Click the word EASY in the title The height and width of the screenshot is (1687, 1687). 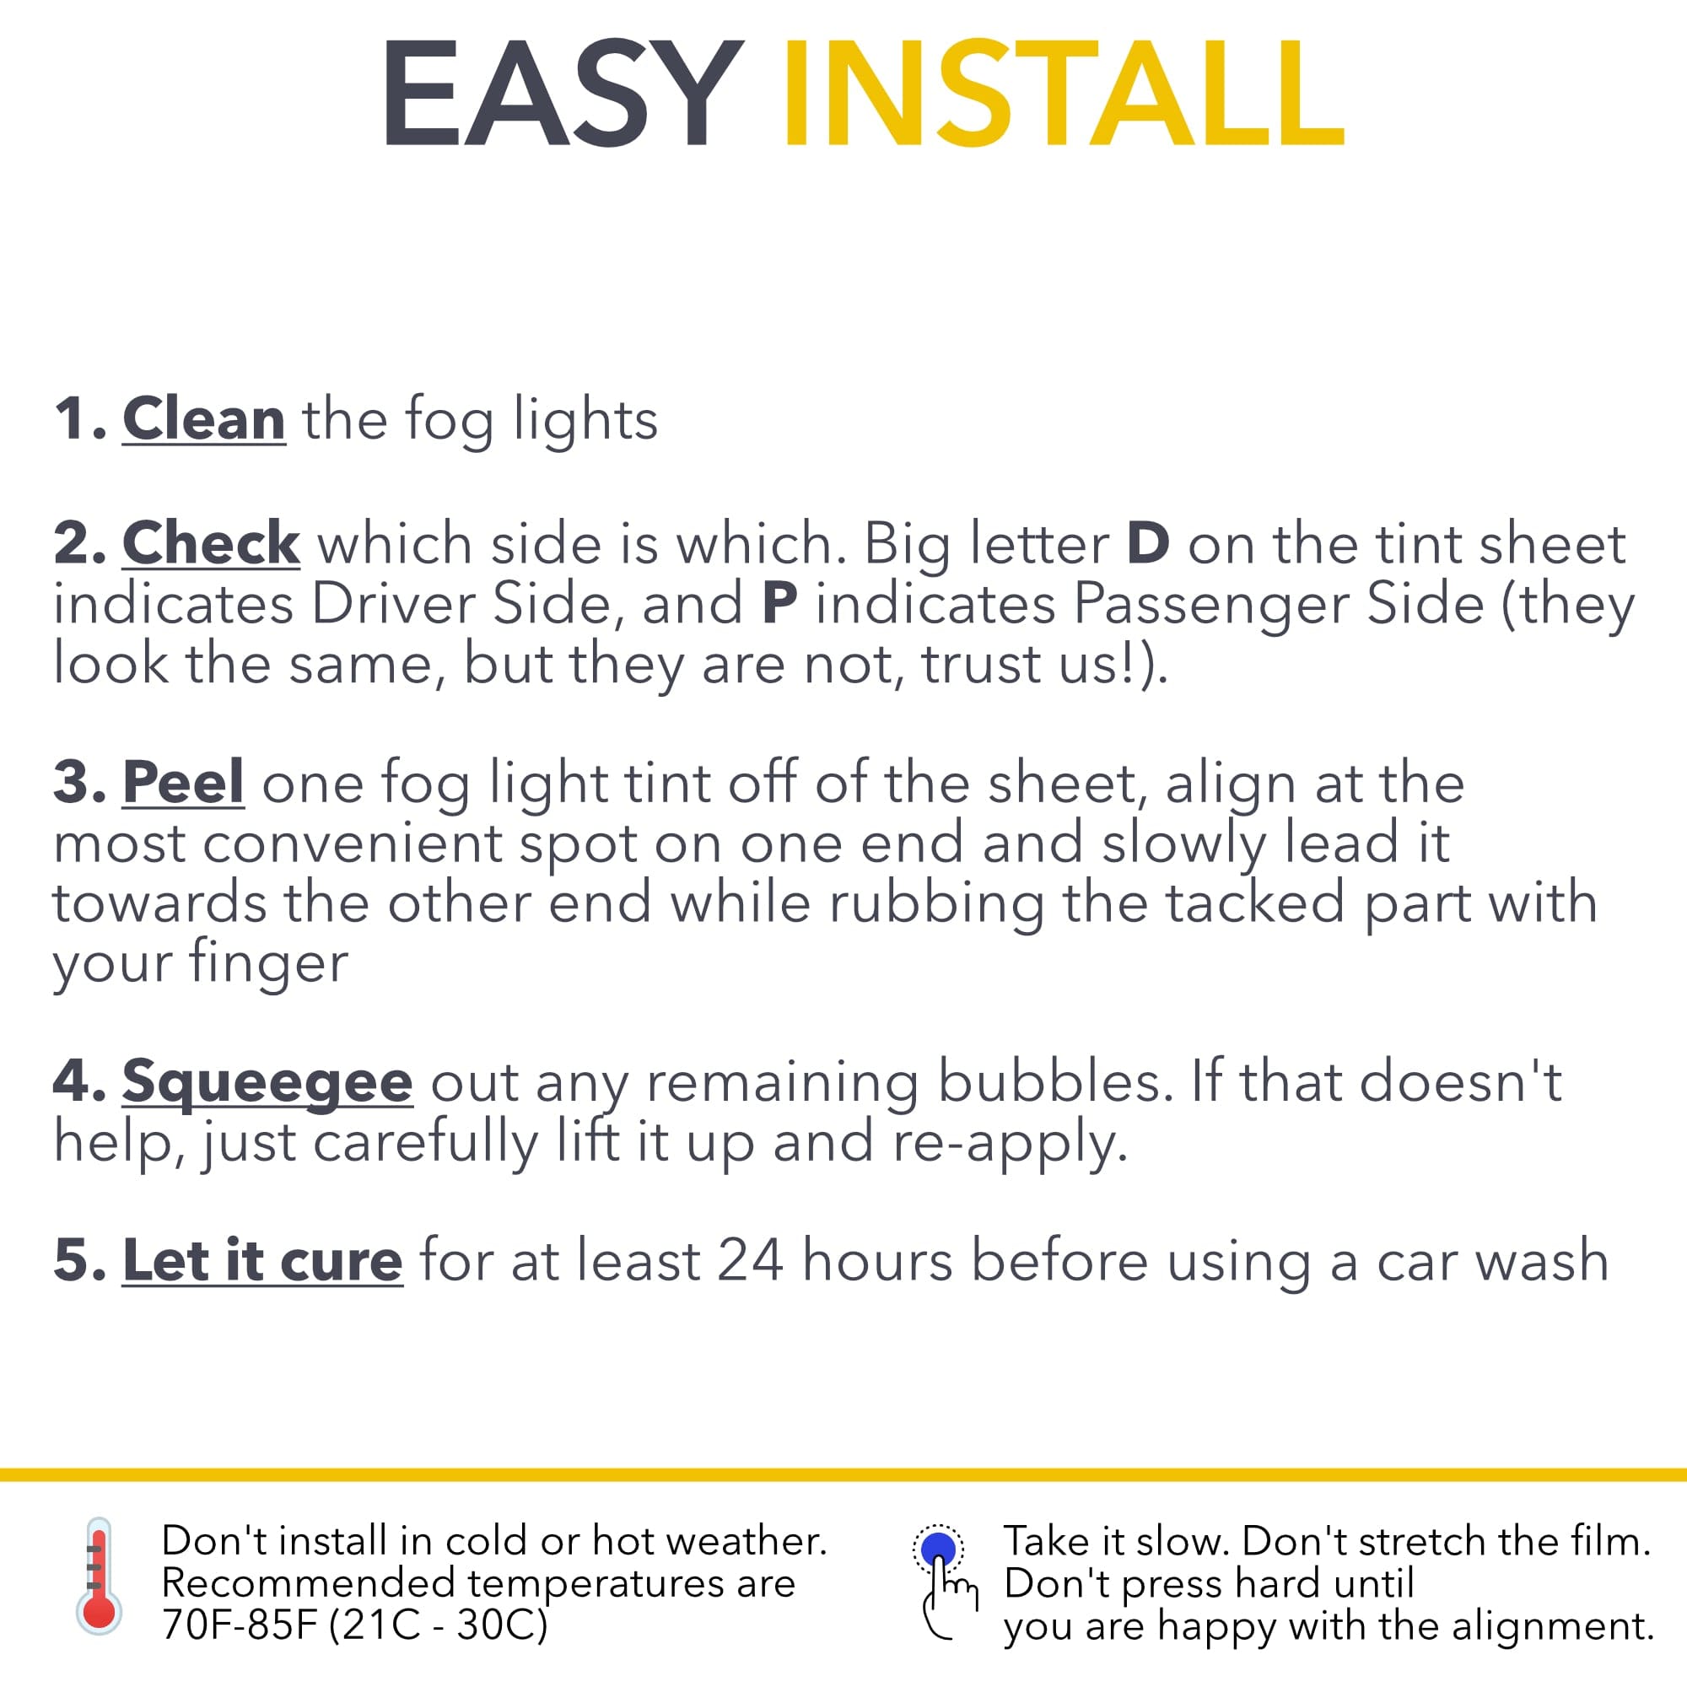pyautogui.click(x=563, y=94)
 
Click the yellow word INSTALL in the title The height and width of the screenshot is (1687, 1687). pyautogui.click(x=1064, y=94)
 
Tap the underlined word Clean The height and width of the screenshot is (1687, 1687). pyautogui.click(x=203, y=419)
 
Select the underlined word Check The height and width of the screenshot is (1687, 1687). pyautogui.click(x=212, y=542)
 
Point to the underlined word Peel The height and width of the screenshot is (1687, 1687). pyautogui.click(x=183, y=782)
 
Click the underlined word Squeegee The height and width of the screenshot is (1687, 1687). pyautogui.click(x=267, y=1084)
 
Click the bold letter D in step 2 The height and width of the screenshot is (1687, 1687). pyautogui.click(x=1148, y=543)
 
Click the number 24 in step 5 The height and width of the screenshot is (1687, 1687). pyautogui.click(x=750, y=1261)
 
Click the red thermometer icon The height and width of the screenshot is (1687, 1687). pyautogui.click(x=99, y=1574)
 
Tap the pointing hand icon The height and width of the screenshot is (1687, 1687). pyautogui.click(x=949, y=1598)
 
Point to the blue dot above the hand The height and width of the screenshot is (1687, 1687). pyautogui.click(x=939, y=1548)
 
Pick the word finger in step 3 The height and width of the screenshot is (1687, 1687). pyautogui.click(x=268, y=964)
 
